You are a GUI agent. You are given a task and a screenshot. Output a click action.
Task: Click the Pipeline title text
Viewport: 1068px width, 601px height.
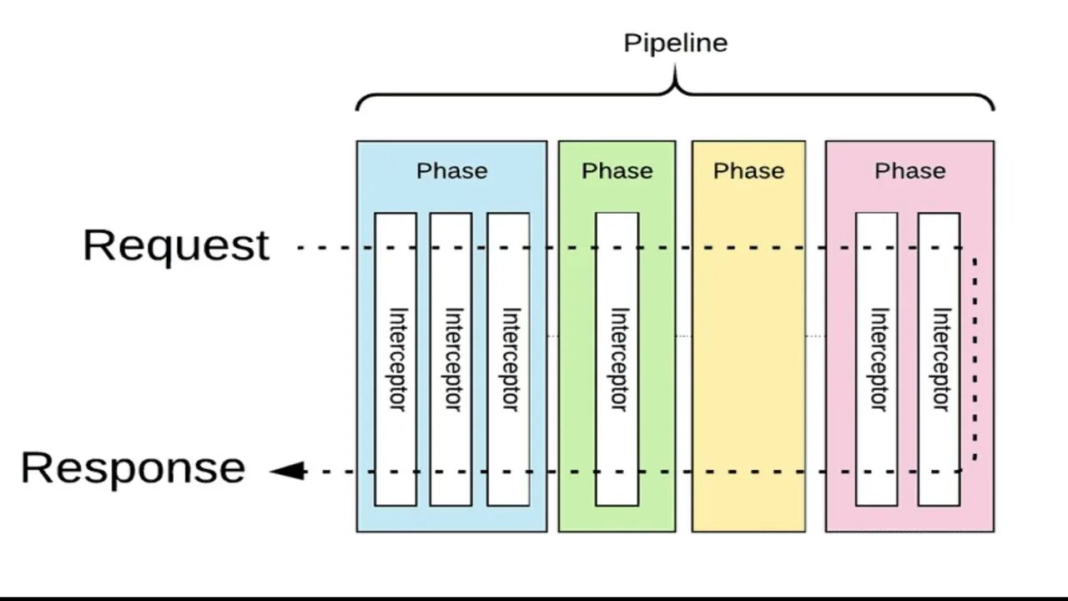point(675,43)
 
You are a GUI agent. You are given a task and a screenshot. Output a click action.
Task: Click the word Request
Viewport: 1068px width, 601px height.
point(176,245)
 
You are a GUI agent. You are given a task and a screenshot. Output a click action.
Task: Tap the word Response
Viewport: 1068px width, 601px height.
point(133,467)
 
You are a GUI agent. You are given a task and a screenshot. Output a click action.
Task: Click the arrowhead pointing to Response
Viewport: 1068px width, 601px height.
point(287,472)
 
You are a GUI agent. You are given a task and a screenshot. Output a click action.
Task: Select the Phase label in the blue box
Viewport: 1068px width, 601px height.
point(451,171)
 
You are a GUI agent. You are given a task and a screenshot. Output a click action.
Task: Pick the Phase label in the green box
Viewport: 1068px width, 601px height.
point(617,171)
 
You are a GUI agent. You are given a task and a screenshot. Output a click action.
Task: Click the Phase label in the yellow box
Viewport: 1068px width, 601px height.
point(748,171)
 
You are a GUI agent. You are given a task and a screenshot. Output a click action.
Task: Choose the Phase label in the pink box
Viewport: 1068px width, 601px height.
point(909,171)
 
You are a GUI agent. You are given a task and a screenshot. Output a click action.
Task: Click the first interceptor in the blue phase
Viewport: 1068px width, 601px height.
point(395,359)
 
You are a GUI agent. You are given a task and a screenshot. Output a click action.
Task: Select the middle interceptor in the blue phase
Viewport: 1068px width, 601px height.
point(451,359)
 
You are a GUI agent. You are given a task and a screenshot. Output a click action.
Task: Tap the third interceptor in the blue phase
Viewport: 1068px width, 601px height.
point(508,359)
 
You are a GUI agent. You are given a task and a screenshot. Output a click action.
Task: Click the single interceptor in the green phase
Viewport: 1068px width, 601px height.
point(617,359)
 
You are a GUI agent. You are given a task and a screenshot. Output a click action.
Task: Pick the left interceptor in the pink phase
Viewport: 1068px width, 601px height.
point(877,359)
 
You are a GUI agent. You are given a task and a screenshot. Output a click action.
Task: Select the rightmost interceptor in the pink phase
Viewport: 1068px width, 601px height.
point(939,359)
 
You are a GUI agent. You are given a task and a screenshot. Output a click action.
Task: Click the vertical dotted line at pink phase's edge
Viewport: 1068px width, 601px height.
point(975,359)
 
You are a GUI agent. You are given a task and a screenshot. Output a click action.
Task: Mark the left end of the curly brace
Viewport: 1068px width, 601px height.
point(358,108)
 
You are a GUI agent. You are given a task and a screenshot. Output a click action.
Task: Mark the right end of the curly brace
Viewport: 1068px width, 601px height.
point(993,108)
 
